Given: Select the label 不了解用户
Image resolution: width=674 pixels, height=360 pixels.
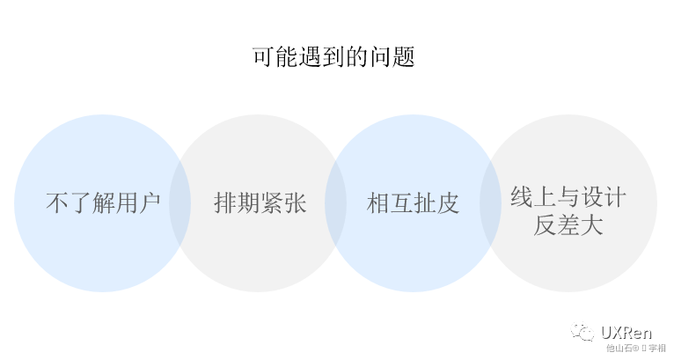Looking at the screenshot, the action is point(103,204).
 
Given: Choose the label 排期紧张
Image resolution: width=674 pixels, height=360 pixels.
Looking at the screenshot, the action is point(260,204).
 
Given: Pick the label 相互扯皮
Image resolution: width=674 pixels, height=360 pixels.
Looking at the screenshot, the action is point(414,204).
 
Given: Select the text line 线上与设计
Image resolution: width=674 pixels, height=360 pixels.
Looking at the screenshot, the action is point(568,196).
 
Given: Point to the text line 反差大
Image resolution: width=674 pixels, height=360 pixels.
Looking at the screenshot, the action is point(568,225).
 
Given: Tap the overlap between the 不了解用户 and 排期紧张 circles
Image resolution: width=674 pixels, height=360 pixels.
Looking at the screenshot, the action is point(180,203).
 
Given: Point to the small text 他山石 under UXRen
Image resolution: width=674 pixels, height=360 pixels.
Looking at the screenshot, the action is point(619,349).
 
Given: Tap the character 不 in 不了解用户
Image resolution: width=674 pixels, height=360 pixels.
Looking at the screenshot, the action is point(56,204).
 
